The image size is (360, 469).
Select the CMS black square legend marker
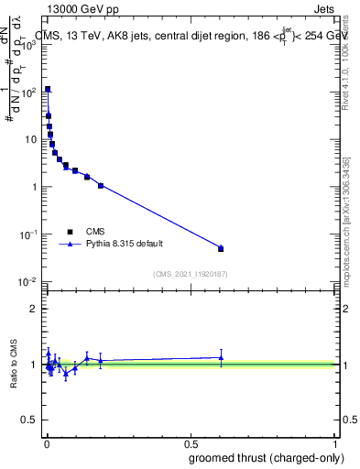[71, 232]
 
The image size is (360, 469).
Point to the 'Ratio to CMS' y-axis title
[14, 365]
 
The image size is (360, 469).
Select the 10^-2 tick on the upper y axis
[27, 282]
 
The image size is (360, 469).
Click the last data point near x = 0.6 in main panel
[221, 248]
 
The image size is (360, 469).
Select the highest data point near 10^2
[48, 90]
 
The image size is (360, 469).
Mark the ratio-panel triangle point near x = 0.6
[221, 357]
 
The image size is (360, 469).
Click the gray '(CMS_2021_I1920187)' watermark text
[191, 273]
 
